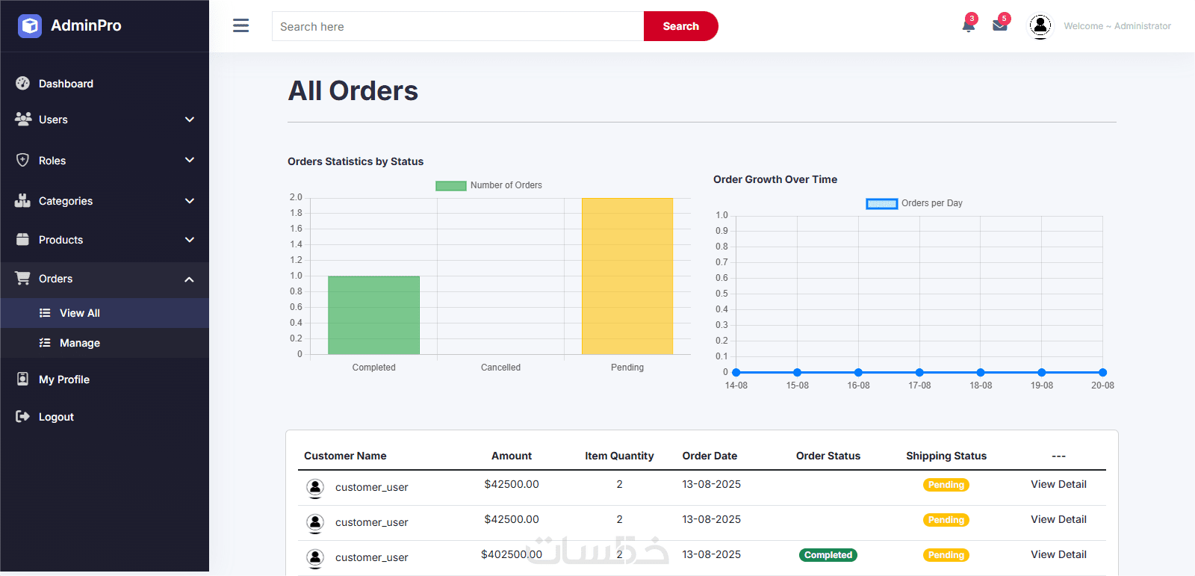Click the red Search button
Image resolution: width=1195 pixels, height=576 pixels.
point(680,26)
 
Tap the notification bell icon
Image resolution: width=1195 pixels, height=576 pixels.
point(969,25)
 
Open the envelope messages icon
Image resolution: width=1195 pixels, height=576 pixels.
point(1000,25)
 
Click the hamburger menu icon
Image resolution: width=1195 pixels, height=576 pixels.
point(240,26)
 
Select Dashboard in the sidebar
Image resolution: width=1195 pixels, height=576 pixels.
point(66,84)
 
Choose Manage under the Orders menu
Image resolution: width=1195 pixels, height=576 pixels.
point(79,343)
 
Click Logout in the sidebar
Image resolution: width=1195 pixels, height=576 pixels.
point(56,417)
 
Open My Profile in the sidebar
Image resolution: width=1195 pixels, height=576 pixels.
point(63,380)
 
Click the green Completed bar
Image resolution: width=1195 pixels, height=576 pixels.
point(373,315)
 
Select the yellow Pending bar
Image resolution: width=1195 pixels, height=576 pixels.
point(627,276)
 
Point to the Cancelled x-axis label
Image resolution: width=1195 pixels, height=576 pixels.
point(500,368)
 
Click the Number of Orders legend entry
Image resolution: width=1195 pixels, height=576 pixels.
point(489,185)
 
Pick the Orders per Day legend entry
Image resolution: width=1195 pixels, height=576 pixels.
point(914,203)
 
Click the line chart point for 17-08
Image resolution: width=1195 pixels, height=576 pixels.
point(919,372)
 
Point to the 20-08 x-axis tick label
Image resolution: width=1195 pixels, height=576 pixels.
point(1102,385)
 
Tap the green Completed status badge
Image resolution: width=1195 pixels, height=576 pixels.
point(828,555)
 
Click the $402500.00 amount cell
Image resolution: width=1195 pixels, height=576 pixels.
point(512,554)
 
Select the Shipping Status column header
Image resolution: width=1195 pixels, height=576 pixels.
point(946,456)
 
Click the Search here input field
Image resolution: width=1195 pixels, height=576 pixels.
point(457,26)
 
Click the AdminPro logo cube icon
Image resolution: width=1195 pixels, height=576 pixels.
point(30,26)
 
